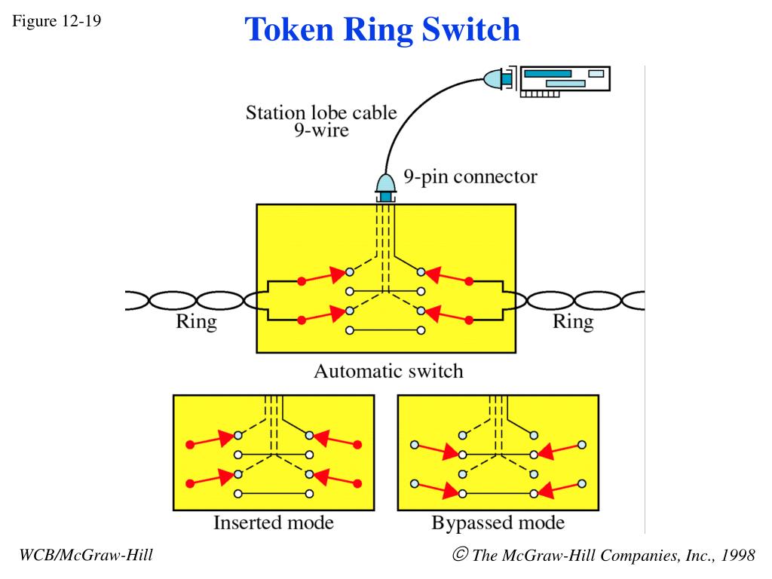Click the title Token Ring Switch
[382, 29]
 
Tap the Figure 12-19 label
[57, 20]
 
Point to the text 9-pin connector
[470, 176]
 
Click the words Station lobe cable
[321, 113]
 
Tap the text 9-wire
[321, 130]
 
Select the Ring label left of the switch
[196, 321]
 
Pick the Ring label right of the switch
[573, 321]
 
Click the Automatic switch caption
[388, 371]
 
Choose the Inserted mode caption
[273, 522]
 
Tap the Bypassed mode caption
[498, 522]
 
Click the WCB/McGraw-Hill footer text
[86, 555]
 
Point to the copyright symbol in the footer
[460, 554]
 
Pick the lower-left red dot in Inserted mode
[190, 483]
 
